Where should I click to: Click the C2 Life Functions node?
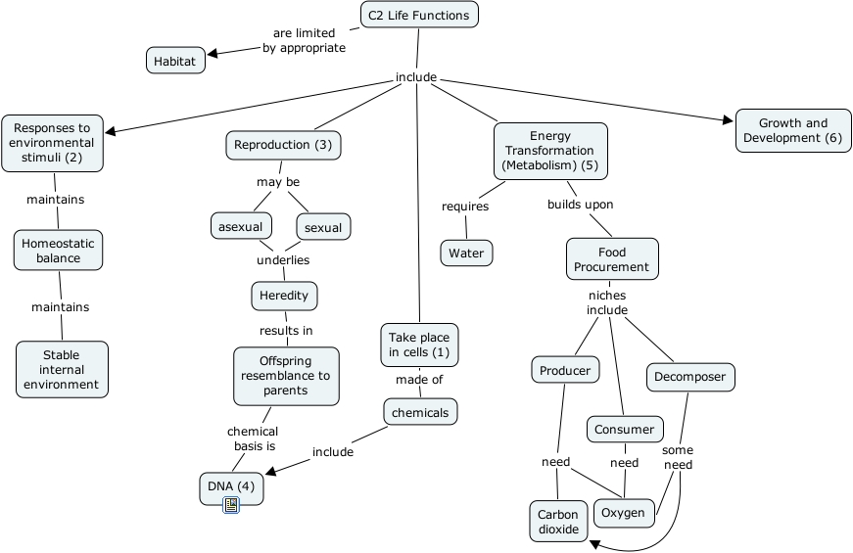(x=419, y=15)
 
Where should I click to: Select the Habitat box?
(x=175, y=61)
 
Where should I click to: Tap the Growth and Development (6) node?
(x=793, y=130)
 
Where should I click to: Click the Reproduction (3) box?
(x=284, y=145)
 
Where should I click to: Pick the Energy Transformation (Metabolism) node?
(x=549, y=151)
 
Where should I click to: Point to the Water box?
(x=466, y=253)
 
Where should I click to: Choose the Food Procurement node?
(x=611, y=259)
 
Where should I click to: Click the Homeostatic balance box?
(x=59, y=251)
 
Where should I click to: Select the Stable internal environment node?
(x=62, y=369)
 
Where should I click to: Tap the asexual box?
(x=241, y=226)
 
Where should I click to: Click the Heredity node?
(x=284, y=295)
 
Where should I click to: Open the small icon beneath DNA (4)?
(x=231, y=505)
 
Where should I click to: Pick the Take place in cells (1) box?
(x=419, y=345)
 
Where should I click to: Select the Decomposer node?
(x=689, y=377)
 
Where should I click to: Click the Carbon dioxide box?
(x=558, y=522)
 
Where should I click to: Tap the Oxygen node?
(x=623, y=513)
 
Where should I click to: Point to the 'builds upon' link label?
(x=580, y=205)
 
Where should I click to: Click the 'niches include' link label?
(x=606, y=302)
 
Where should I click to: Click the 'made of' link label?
(x=419, y=380)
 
